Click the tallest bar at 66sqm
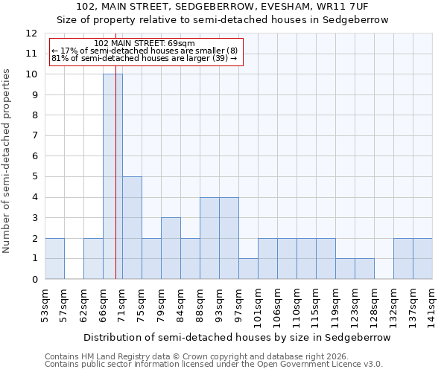click(112, 176)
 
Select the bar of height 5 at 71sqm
click(132, 228)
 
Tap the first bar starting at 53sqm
click(54, 258)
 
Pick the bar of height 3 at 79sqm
click(171, 248)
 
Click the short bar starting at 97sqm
click(248, 269)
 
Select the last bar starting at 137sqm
click(422, 258)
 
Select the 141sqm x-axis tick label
click(432, 305)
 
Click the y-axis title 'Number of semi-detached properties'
click(7, 161)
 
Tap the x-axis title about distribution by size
click(237, 337)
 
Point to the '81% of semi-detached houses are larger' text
click(144, 58)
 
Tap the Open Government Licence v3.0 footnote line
click(214, 365)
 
